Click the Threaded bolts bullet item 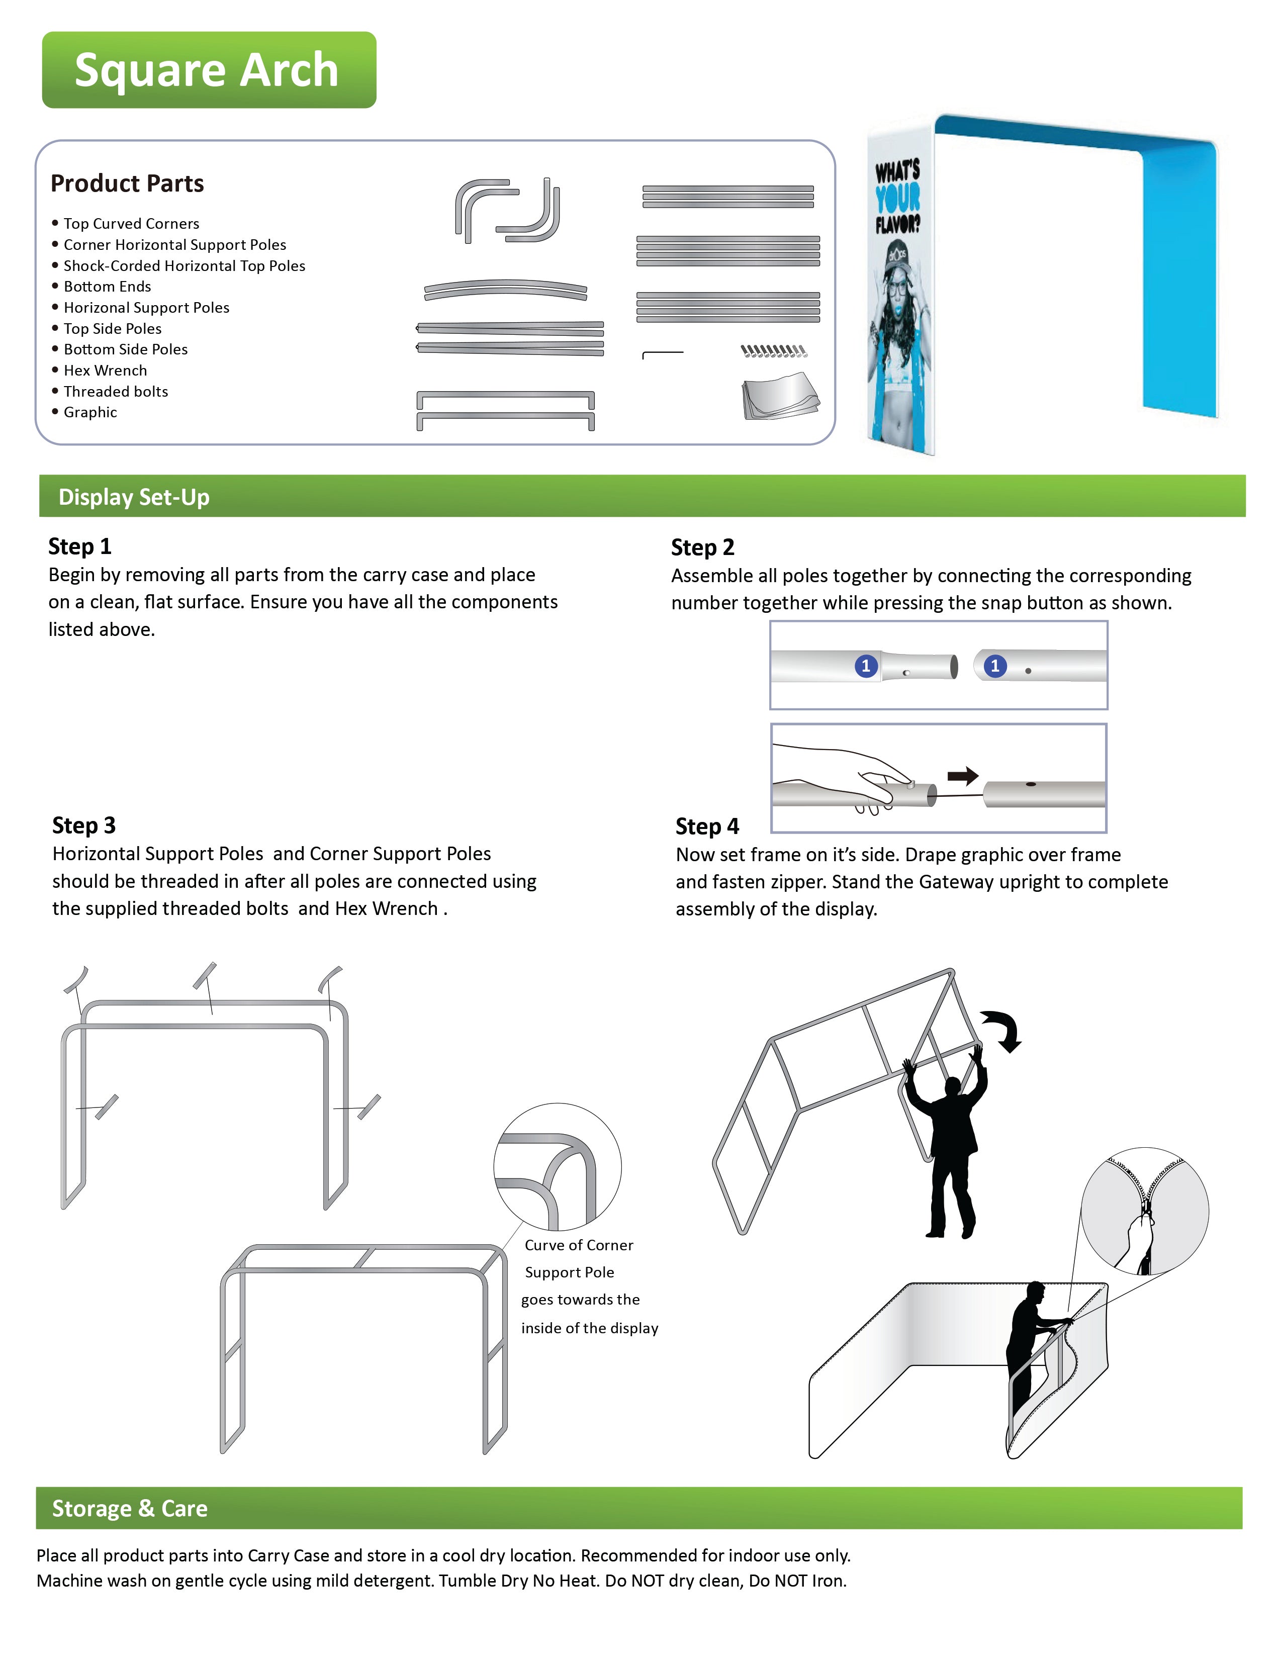coord(116,392)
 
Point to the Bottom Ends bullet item coord(107,287)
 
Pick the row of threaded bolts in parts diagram coord(773,351)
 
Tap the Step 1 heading coord(80,546)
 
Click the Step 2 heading coord(702,547)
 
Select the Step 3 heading coord(83,825)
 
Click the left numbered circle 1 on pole coord(865,666)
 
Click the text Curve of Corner coord(579,1245)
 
